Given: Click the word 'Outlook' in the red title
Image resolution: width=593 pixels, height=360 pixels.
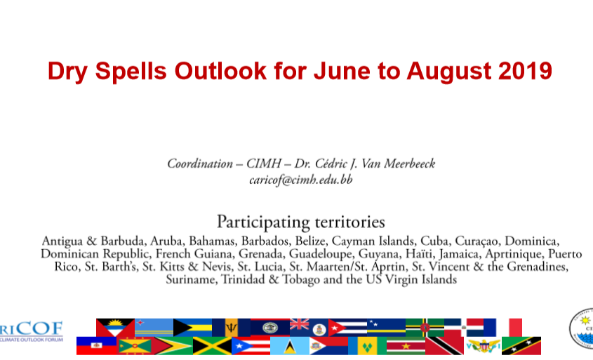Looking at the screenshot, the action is [220, 71].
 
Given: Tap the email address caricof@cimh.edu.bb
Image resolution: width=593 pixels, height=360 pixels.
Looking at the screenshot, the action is [300, 180].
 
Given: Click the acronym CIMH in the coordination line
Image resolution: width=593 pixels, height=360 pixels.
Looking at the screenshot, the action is [264, 164].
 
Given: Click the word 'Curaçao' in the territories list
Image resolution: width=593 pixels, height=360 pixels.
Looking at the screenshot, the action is [476, 241].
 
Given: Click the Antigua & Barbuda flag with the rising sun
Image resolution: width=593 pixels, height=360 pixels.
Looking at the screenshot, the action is [115, 328].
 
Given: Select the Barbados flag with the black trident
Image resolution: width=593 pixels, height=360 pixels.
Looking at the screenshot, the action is [231, 328].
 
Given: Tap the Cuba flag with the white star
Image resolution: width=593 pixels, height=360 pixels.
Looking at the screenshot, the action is [347, 328].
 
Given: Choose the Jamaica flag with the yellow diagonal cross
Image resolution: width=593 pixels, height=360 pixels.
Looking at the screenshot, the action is [212, 346].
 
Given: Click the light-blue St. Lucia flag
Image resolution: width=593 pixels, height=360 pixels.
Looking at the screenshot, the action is [290, 346].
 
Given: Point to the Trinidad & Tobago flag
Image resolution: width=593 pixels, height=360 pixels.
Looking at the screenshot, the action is [444, 346].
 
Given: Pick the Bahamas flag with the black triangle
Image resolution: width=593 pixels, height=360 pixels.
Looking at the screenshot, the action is [192, 328].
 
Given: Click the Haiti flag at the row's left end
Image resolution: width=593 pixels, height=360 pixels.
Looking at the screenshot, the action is [96, 346].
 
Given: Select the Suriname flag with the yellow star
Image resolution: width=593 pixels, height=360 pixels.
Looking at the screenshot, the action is [406, 346].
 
